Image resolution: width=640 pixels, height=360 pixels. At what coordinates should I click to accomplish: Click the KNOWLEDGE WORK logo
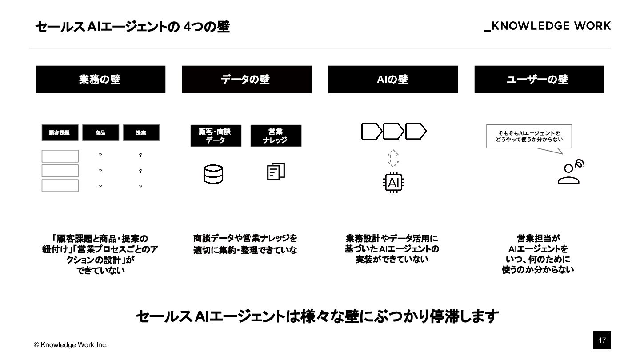(x=548, y=26)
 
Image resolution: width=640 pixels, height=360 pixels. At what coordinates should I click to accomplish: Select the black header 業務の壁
(x=100, y=80)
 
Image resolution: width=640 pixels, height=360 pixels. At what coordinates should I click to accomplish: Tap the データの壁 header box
(x=247, y=80)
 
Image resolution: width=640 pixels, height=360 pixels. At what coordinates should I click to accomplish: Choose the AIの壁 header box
(x=393, y=80)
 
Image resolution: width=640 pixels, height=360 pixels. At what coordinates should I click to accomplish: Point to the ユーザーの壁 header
(x=539, y=80)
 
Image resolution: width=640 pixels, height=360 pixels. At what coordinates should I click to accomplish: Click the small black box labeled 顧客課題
(x=60, y=132)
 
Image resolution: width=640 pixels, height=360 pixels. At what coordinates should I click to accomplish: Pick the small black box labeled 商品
(x=100, y=132)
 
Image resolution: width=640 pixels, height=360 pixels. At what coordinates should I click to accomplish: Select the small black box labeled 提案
(x=141, y=132)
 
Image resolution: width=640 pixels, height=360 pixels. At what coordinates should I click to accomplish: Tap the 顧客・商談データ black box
(x=216, y=136)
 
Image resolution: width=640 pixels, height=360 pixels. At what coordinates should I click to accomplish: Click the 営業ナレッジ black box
(x=276, y=136)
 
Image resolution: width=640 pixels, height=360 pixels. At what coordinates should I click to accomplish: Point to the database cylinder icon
(x=213, y=174)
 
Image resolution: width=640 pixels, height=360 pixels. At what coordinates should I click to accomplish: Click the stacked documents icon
(x=276, y=172)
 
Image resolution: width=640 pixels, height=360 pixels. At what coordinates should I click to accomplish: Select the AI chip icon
(x=393, y=182)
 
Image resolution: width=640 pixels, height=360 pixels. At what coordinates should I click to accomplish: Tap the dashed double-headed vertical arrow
(x=393, y=158)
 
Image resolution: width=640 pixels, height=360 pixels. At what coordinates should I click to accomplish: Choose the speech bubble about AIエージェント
(x=529, y=136)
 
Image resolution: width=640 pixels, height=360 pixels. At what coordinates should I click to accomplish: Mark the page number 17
(x=602, y=340)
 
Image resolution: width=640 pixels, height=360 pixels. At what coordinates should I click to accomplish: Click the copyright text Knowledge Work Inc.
(x=71, y=345)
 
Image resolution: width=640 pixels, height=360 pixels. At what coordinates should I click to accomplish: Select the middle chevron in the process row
(x=393, y=132)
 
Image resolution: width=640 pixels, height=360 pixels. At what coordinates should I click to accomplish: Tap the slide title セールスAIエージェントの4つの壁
(x=132, y=27)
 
